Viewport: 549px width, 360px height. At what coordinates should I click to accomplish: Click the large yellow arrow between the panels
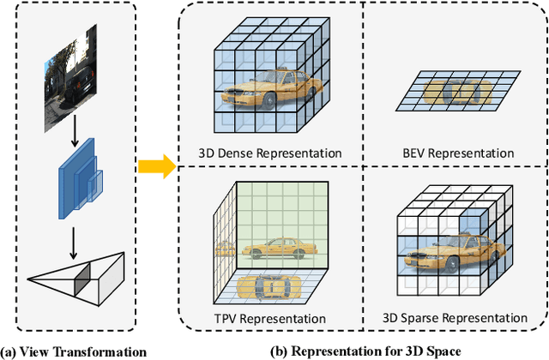pos(154,165)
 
